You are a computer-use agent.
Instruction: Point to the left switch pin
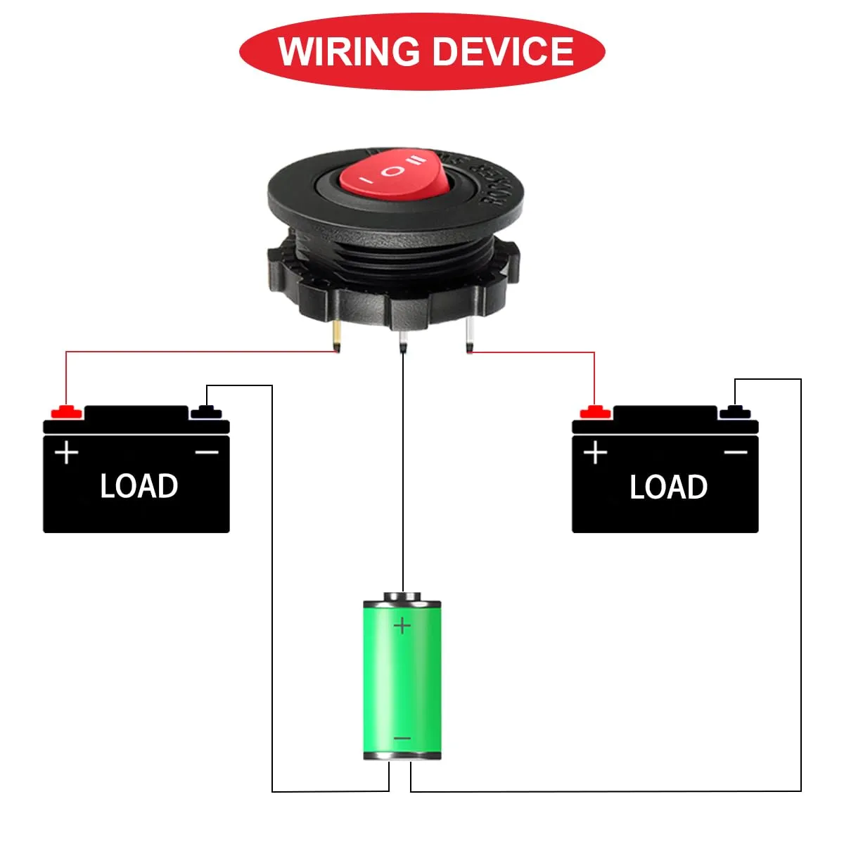tap(338, 336)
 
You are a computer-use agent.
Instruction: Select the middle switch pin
tap(402, 339)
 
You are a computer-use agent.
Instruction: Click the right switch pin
tap(468, 337)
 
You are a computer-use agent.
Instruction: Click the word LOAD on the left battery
tap(139, 486)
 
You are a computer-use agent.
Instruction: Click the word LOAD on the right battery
tap(668, 487)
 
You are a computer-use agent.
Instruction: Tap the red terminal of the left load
tap(66, 411)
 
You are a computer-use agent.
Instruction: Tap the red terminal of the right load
tap(595, 411)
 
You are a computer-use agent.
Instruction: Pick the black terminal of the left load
tap(205, 411)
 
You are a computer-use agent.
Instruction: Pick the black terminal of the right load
tap(734, 411)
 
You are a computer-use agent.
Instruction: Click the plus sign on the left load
tap(67, 452)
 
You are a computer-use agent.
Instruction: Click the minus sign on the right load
tap(736, 452)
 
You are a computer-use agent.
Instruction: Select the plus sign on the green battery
tap(402, 625)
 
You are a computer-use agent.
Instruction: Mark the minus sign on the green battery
tap(402, 738)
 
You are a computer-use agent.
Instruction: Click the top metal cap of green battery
tap(402, 597)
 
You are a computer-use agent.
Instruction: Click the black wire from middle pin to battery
tap(402, 478)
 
